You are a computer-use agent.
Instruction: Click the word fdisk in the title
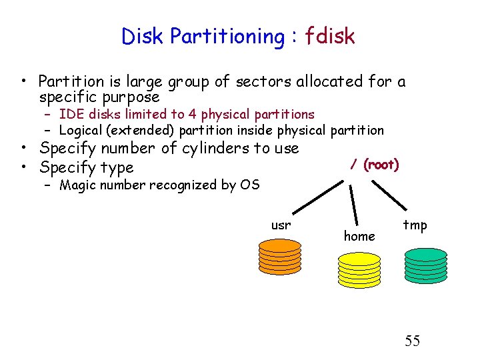click(330, 36)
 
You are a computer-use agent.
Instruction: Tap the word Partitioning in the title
click(227, 37)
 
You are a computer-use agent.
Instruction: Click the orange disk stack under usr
click(280, 257)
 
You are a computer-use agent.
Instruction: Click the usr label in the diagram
click(281, 225)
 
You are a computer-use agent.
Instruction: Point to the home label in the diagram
click(359, 235)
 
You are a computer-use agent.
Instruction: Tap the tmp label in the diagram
click(415, 225)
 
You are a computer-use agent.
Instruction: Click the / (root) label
click(374, 165)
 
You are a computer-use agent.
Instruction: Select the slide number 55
click(413, 341)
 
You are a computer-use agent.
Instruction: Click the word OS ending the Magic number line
click(249, 185)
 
